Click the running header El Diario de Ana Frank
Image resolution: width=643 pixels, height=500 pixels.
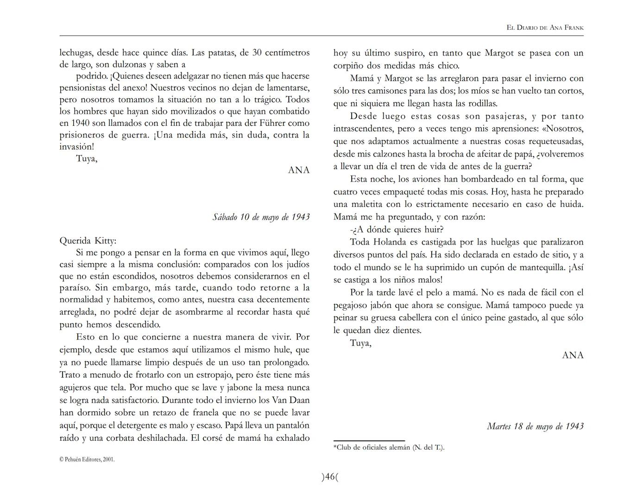545,28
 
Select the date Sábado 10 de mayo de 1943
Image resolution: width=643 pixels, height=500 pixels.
261,217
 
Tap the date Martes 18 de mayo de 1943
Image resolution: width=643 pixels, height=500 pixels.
535,426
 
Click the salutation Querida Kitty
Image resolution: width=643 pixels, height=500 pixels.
88,241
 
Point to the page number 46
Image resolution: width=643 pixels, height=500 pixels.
330,476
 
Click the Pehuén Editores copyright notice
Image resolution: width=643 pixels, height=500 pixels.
87,460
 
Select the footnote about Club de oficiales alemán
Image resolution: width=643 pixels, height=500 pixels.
389,447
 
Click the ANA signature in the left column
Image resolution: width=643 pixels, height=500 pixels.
299,170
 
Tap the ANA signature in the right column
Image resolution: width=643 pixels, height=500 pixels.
573,356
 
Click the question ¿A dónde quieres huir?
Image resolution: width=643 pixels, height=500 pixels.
397,230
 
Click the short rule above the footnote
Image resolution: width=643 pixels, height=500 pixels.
369,441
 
